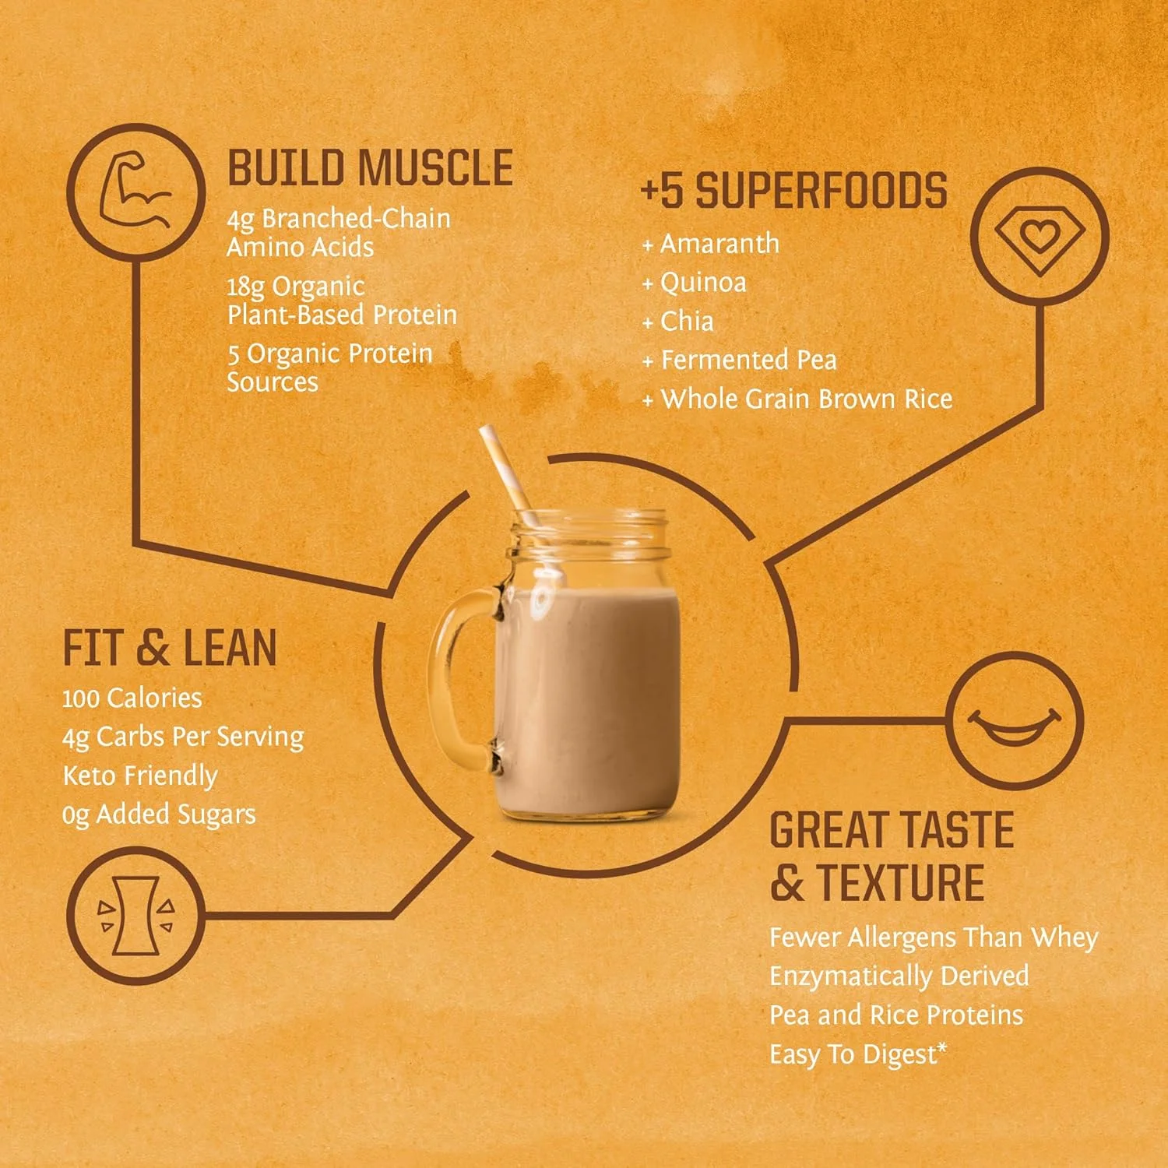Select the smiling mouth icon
pyautogui.click(x=1015, y=723)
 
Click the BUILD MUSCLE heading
pyautogui.click(x=370, y=168)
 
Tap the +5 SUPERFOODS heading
pyautogui.click(x=794, y=192)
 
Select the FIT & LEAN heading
pyautogui.click(x=170, y=648)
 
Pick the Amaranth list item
pyautogui.click(x=711, y=244)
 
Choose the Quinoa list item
pyautogui.click(x=695, y=283)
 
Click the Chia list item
pyautogui.click(x=678, y=322)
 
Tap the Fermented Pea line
pyautogui.click(x=740, y=361)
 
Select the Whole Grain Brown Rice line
pyautogui.click(x=797, y=399)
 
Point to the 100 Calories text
pyautogui.click(x=132, y=698)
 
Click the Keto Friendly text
pyautogui.click(x=140, y=776)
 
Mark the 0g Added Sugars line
pyautogui.click(x=159, y=814)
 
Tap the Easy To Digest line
pyautogui.click(x=859, y=1054)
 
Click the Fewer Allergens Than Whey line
pyautogui.click(x=934, y=938)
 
